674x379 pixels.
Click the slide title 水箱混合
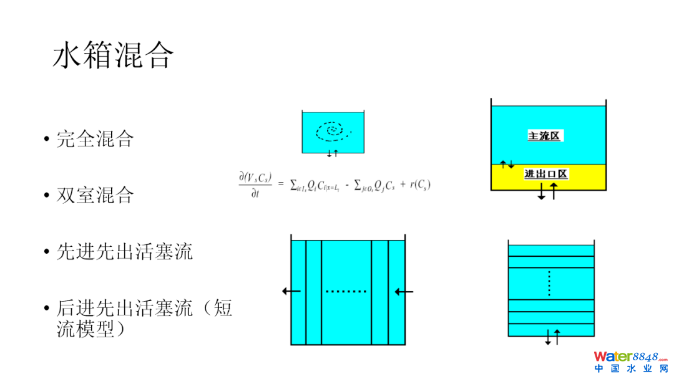(x=113, y=55)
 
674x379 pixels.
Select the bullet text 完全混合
(x=95, y=138)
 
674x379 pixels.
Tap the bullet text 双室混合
(x=95, y=195)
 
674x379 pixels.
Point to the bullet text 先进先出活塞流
(x=124, y=251)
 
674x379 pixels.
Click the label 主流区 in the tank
(x=544, y=135)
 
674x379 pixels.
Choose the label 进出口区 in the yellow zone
(x=546, y=174)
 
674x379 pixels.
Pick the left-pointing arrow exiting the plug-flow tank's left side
(x=291, y=290)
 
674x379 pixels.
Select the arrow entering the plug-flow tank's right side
(x=404, y=291)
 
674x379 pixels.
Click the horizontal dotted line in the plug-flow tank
(x=346, y=291)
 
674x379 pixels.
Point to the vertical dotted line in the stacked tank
(x=549, y=284)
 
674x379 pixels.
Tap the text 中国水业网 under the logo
(x=630, y=369)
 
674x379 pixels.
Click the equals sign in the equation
(x=281, y=184)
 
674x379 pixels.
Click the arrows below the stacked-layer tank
(x=552, y=337)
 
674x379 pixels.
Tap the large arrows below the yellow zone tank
(x=547, y=191)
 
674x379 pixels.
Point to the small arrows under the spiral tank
(x=333, y=153)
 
